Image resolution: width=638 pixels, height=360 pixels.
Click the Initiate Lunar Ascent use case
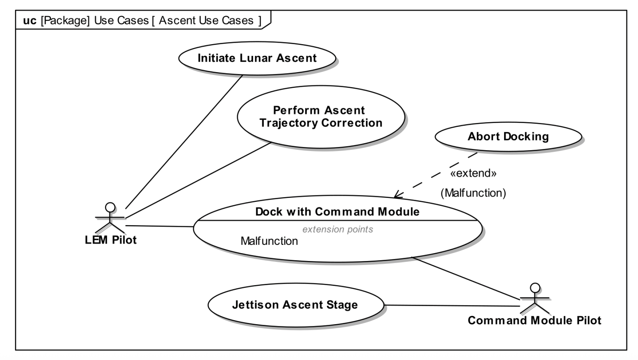(x=257, y=58)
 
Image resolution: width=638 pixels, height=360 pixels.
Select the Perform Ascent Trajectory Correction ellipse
(x=320, y=117)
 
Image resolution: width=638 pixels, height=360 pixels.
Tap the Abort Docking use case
(x=508, y=137)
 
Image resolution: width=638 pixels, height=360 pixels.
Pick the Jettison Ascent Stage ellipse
(x=295, y=305)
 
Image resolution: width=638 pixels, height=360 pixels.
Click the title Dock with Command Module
(x=337, y=212)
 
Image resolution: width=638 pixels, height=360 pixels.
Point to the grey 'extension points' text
(x=338, y=229)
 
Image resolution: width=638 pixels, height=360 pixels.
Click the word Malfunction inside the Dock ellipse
(x=269, y=241)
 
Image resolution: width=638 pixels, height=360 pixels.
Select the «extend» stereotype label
(x=473, y=174)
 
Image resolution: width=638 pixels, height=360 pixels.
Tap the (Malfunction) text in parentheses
(x=473, y=193)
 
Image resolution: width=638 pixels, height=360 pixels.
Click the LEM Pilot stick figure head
(x=110, y=207)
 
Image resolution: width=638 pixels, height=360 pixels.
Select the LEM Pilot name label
(x=111, y=240)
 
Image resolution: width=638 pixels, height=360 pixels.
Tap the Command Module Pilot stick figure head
(x=535, y=288)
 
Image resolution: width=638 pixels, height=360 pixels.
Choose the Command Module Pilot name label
(x=534, y=320)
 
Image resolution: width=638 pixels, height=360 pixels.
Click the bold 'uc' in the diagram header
(x=29, y=20)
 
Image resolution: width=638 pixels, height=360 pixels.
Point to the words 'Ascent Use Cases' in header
(x=206, y=20)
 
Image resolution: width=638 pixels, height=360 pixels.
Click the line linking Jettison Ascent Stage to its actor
(x=452, y=306)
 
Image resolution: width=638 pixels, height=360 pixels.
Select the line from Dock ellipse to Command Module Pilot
(x=466, y=278)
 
